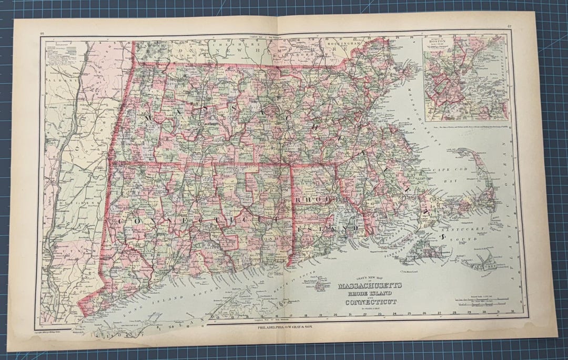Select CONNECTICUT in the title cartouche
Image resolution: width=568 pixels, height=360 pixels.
[371, 302]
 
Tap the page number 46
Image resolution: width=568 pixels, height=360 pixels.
[42, 33]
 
